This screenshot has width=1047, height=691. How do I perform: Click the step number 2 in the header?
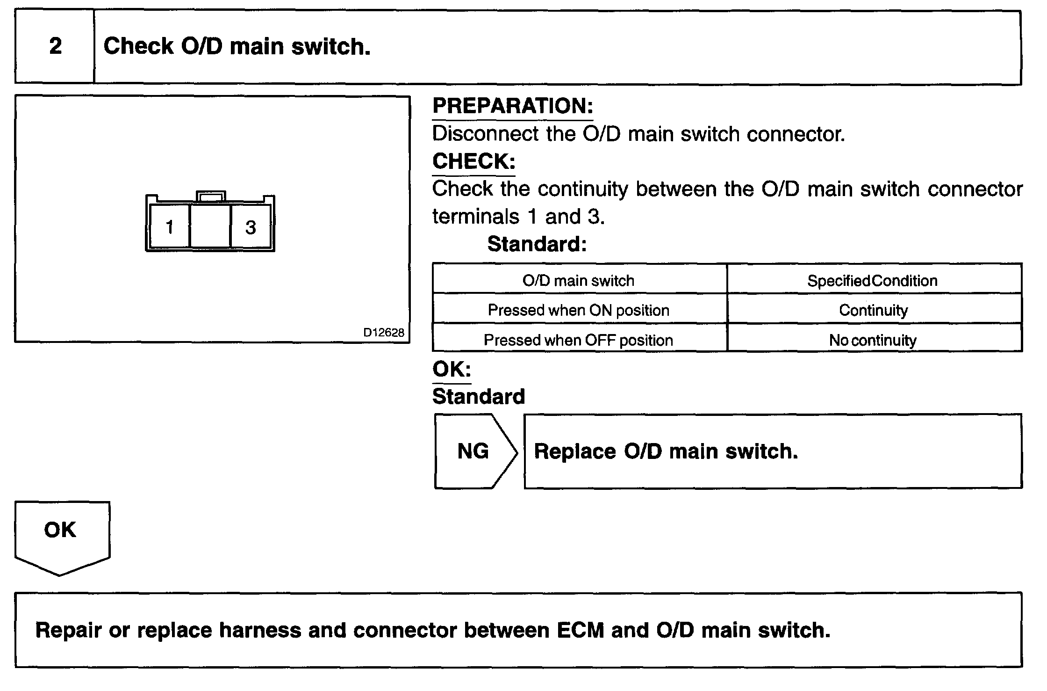[55, 46]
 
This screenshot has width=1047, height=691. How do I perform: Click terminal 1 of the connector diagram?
[169, 227]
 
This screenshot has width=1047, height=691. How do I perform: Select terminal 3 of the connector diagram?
[251, 227]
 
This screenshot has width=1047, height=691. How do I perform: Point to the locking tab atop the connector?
[211, 196]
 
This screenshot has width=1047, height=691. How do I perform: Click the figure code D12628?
[383, 333]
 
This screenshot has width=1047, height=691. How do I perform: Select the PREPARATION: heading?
[512, 106]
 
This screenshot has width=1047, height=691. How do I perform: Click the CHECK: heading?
[473, 161]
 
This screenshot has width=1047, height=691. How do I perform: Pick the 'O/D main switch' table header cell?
[579, 280]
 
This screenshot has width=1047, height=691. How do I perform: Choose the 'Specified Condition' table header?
[872, 280]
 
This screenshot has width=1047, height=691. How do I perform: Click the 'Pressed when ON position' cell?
[579, 310]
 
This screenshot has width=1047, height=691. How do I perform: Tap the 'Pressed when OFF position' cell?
[579, 340]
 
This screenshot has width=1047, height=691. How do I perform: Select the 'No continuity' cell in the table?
[872, 340]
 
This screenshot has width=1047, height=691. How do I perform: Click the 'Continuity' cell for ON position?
[873, 310]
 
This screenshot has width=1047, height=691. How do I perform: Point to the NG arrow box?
[474, 451]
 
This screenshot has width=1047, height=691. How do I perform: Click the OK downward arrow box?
[61, 533]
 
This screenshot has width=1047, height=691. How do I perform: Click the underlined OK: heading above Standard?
[452, 369]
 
